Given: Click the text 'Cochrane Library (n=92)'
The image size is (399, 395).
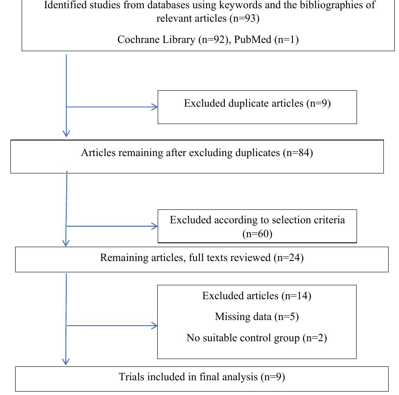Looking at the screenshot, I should tap(169, 40).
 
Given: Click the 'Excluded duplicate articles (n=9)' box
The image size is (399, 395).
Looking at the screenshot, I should tap(257, 107).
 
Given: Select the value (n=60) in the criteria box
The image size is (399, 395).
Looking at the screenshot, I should tap(257, 234).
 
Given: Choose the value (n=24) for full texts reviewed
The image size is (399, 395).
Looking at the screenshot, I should tap(289, 258).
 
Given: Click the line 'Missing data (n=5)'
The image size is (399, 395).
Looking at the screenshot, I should tap(256, 317).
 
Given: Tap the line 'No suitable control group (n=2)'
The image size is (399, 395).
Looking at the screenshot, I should tap(256, 337).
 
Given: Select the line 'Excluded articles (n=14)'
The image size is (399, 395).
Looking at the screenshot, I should tap(256, 296).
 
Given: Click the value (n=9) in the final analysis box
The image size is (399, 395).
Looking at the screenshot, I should tap(272, 377).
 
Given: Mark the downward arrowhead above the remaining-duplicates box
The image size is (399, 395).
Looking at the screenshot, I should tap(66, 133).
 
